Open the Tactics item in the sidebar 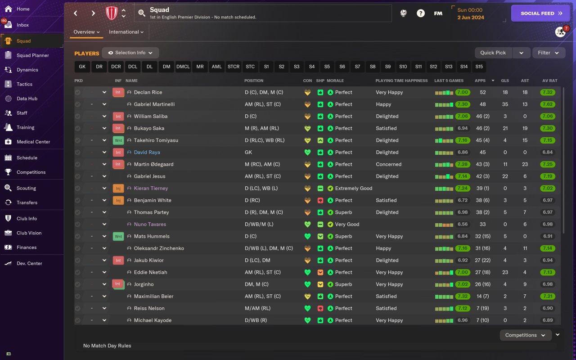point(24,84)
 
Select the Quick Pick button point(493,53)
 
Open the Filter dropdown point(548,53)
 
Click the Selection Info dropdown point(130,53)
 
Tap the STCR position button point(234,67)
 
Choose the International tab point(126,32)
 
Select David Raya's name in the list point(147,152)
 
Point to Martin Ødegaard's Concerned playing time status point(388,164)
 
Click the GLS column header point(505,81)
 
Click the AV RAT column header point(549,81)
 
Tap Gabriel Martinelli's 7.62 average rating point(548,104)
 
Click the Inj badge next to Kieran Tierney point(118,188)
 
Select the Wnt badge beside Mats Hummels point(118,236)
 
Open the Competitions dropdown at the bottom point(525,335)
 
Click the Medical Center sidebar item point(33,142)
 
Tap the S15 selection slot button point(479,67)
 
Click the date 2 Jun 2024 point(471,18)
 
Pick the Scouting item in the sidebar point(26,188)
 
